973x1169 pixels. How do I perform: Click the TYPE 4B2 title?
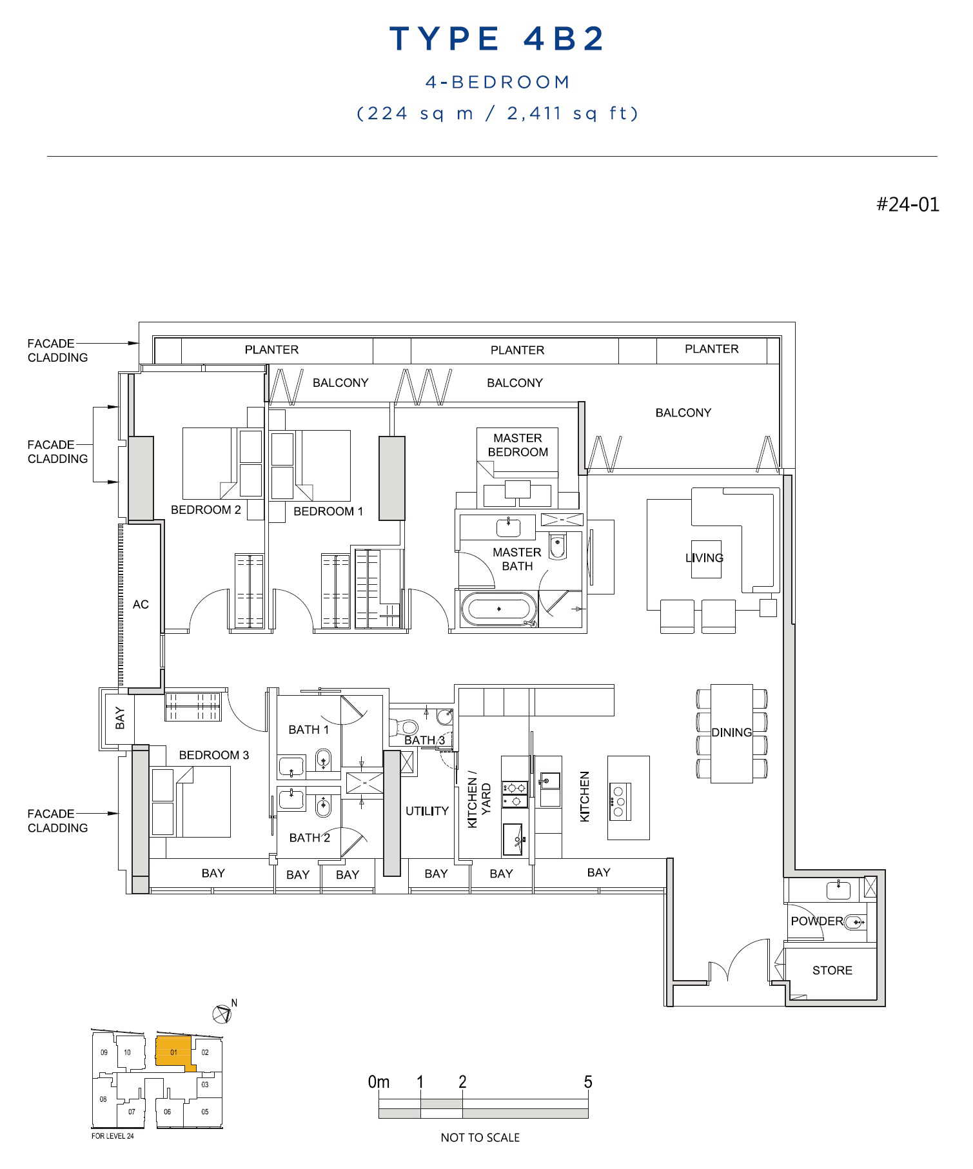pyautogui.click(x=497, y=39)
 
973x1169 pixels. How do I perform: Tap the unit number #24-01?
pyautogui.click(x=907, y=204)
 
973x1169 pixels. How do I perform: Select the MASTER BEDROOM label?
pyautogui.click(x=518, y=445)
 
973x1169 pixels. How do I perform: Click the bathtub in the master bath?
pyautogui.click(x=498, y=609)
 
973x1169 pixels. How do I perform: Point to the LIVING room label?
pyautogui.click(x=704, y=558)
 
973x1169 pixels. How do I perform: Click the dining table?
pyautogui.click(x=731, y=733)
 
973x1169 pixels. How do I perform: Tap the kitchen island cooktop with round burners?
pyautogui.click(x=618, y=801)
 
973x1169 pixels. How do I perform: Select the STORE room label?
pyautogui.click(x=832, y=970)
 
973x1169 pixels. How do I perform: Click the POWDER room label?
pyautogui.click(x=817, y=921)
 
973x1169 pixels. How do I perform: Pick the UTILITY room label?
pyautogui.click(x=427, y=811)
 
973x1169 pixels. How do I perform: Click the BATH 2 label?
pyautogui.click(x=310, y=838)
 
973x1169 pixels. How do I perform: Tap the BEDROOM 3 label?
pyautogui.click(x=213, y=755)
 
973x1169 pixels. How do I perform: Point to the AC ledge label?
pyautogui.click(x=141, y=604)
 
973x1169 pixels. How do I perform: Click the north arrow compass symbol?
pyautogui.click(x=222, y=1014)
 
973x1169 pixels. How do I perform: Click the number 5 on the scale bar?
pyautogui.click(x=587, y=1082)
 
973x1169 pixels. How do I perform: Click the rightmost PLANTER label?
pyautogui.click(x=711, y=349)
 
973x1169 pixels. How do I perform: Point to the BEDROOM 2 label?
pyautogui.click(x=206, y=510)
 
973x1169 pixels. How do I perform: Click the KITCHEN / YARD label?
pyautogui.click(x=479, y=799)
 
